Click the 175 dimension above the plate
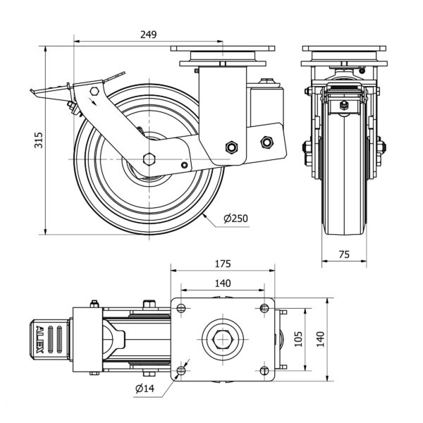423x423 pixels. (222, 264)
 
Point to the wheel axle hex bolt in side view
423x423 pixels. (149, 158)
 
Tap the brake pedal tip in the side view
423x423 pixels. (33, 91)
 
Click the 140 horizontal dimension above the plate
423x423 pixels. (222, 283)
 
